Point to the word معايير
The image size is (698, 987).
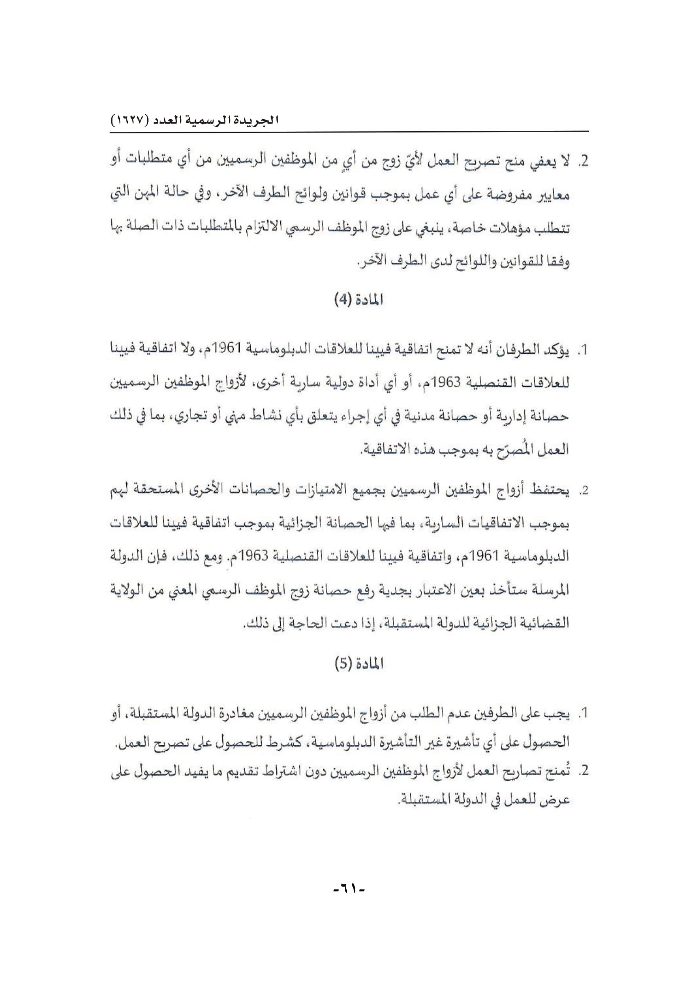(554, 197)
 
